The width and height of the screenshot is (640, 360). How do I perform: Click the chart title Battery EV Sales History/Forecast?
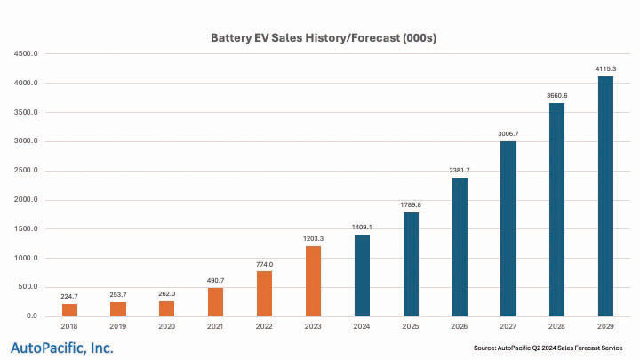point(324,38)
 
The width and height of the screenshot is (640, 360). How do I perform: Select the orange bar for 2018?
point(70,309)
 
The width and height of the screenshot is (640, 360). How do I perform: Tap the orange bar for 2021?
point(216,302)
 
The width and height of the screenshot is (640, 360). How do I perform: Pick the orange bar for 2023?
point(313,281)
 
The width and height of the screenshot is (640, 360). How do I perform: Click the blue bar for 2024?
point(362,276)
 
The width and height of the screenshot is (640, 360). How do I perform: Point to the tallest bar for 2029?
point(605,196)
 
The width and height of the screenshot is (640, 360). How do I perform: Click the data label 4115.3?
point(605,68)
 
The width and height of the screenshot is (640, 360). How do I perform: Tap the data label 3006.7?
point(508,133)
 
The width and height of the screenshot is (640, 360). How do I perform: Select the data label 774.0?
point(265,263)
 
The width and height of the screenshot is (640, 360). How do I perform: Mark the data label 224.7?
point(70,295)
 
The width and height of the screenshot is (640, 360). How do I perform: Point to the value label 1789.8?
point(411,204)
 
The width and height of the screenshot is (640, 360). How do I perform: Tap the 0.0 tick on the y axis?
point(31,316)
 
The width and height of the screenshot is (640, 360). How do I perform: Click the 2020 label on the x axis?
point(167,327)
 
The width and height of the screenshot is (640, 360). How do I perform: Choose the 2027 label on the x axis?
point(508,327)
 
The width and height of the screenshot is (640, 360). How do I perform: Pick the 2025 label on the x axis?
point(411,327)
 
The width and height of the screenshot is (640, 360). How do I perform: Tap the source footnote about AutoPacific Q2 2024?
point(549,347)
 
